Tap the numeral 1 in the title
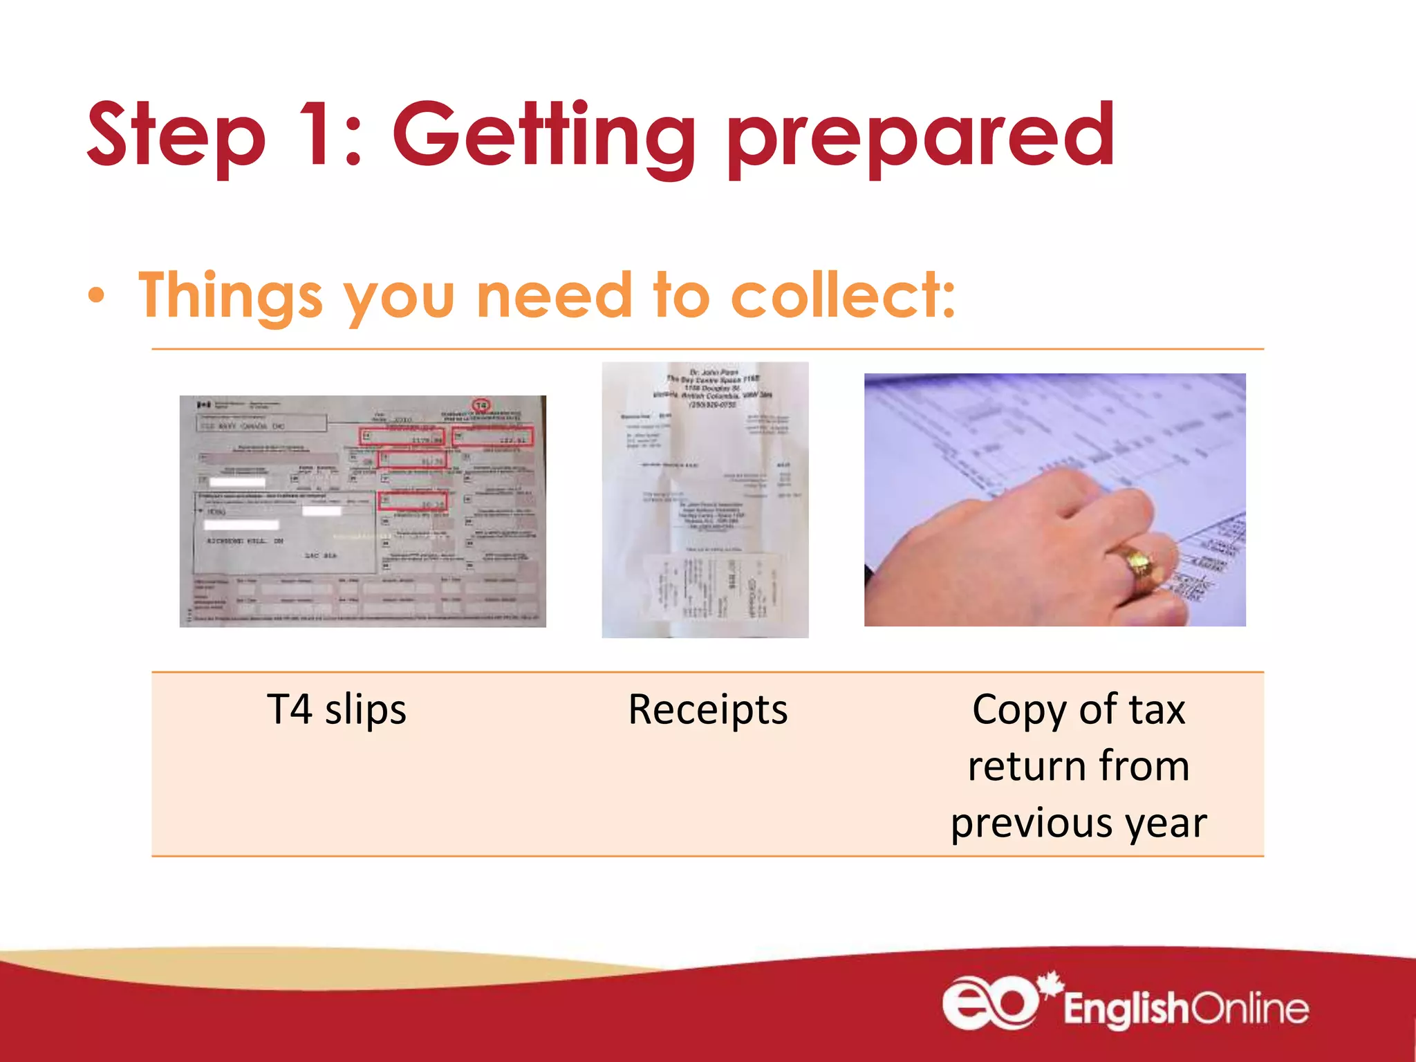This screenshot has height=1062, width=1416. click(318, 134)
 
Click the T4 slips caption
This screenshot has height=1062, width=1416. click(337, 710)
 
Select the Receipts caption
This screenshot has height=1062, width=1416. click(707, 710)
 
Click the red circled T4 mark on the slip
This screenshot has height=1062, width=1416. click(481, 405)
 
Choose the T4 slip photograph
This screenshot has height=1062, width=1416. click(362, 511)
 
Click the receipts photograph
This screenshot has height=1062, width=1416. click(705, 499)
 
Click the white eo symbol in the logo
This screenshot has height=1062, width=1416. click(989, 1003)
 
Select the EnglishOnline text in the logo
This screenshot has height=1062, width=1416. click(1186, 1009)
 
